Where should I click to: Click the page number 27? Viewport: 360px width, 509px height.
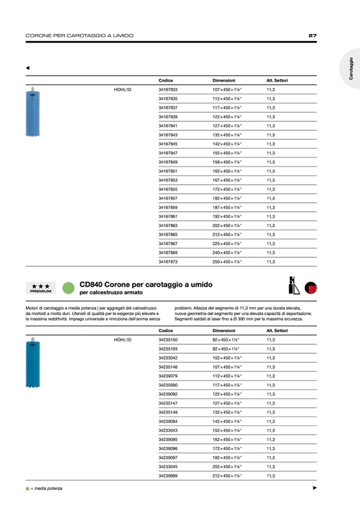pyautogui.click(x=312, y=36)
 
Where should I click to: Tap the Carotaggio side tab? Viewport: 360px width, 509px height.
pyautogui.click(x=351, y=69)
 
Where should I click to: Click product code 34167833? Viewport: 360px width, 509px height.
pyautogui.click(x=168, y=90)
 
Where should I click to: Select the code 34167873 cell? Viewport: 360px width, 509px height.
pyautogui.click(x=168, y=262)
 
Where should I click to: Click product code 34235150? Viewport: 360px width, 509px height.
pyautogui.click(x=168, y=340)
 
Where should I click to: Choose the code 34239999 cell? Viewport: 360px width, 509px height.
pyautogui.click(x=168, y=476)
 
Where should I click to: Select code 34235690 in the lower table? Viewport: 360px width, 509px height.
pyautogui.click(x=168, y=385)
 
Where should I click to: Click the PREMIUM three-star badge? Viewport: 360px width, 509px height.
pyautogui.click(x=41, y=288)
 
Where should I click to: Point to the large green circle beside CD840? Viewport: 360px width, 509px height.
pyautogui.click(x=67, y=288)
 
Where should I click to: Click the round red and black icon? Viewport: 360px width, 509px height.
pyautogui.click(x=311, y=288)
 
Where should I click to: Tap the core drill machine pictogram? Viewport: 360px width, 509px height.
pyautogui.click(x=294, y=286)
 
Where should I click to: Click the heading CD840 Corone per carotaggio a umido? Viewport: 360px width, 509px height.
pyautogui.click(x=145, y=284)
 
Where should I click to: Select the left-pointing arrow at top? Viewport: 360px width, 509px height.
pyautogui.click(x=28, y=67)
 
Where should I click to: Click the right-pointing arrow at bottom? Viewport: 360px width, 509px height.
pyautogui.click(x=314, y=488)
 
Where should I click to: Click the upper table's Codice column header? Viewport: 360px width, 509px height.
pyautogui.click(x=166, y=80)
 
